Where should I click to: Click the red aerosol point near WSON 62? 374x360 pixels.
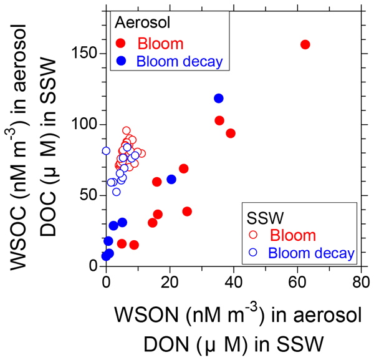point(305,44)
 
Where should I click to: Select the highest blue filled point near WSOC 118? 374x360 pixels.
point(219,99)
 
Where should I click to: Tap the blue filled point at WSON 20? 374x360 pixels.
point(171,180)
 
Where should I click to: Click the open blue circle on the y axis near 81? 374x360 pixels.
point(106,151)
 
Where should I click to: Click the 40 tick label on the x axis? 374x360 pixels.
point(233,282)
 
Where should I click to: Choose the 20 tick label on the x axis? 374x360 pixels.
point(170,282)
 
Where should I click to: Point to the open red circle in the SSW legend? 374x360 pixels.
point(252,235)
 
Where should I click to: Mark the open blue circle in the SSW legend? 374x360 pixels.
point(252,253)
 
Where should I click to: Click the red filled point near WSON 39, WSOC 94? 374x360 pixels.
point(231,134)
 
